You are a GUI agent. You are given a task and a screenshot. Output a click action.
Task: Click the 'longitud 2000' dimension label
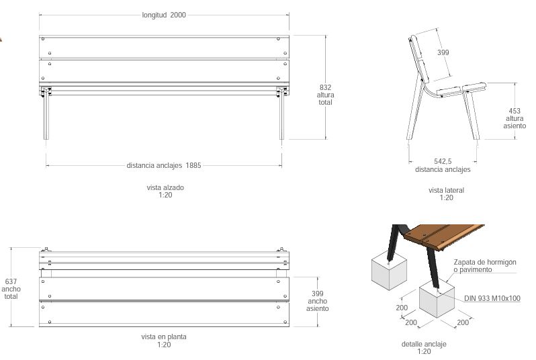pos(164,15)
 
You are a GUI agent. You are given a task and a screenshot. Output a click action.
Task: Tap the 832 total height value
pos(325,87)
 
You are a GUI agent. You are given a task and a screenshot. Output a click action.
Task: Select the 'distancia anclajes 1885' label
pos(164,165)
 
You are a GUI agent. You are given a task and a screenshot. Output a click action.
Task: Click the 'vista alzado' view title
pos(165,187)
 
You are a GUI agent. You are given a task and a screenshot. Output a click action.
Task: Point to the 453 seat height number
pos(515,111)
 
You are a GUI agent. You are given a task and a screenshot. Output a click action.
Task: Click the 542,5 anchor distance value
pos(443,161)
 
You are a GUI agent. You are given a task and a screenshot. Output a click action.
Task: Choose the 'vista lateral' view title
pos(446,190)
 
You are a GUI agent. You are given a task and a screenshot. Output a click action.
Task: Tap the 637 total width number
pos(11,281)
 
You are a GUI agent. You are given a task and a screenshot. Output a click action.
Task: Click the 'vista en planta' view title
pos(164,336)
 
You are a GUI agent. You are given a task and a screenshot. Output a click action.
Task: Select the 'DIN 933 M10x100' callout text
pos(492,298)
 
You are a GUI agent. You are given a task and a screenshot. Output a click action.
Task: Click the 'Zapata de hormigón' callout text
pos(485,262)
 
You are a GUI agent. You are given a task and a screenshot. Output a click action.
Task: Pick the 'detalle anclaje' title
pos(424,344)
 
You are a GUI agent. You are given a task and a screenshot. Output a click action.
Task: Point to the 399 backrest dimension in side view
pos(443,52)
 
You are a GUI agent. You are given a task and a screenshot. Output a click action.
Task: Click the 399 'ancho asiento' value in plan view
pos(318,294)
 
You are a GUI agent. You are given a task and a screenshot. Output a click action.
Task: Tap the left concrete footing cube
pos(389,273)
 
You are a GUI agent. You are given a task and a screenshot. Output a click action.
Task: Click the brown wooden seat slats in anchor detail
pos(443,237)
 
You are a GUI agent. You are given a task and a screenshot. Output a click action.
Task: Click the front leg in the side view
pos(471,115)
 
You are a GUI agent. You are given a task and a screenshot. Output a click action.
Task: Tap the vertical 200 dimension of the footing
pos(402,308)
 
